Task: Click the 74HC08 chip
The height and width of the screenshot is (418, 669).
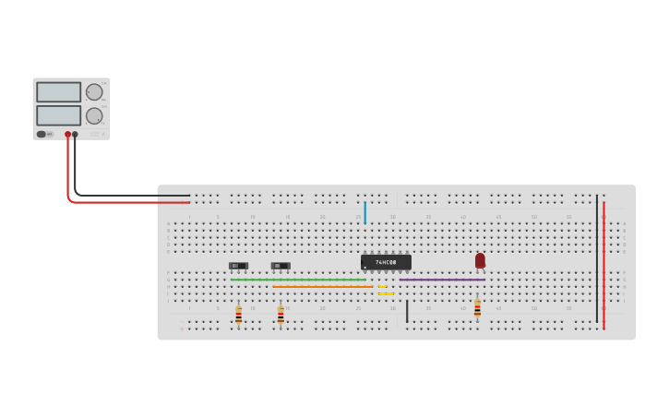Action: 386,262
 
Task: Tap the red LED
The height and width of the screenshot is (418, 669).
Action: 480,260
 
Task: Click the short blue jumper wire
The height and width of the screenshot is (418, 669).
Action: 365,213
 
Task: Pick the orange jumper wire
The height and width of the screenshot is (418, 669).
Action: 323,286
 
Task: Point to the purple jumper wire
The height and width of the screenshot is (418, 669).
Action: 442,280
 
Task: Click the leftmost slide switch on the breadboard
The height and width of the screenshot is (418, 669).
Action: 238,266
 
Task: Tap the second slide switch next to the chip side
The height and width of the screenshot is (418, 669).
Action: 281,266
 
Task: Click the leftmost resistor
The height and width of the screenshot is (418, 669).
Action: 238,315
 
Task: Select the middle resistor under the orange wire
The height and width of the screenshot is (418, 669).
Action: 281,315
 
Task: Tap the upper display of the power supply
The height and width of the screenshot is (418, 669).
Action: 58,92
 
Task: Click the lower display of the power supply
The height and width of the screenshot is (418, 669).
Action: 58,115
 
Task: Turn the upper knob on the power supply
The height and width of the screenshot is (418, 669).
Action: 94,92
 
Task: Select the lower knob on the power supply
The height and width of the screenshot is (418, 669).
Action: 94,116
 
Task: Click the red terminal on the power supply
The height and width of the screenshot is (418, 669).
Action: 67,135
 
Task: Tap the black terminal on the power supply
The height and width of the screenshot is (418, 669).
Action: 76,135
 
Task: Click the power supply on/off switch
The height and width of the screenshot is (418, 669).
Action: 42,135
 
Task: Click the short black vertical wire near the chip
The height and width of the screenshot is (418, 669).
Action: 407,312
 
